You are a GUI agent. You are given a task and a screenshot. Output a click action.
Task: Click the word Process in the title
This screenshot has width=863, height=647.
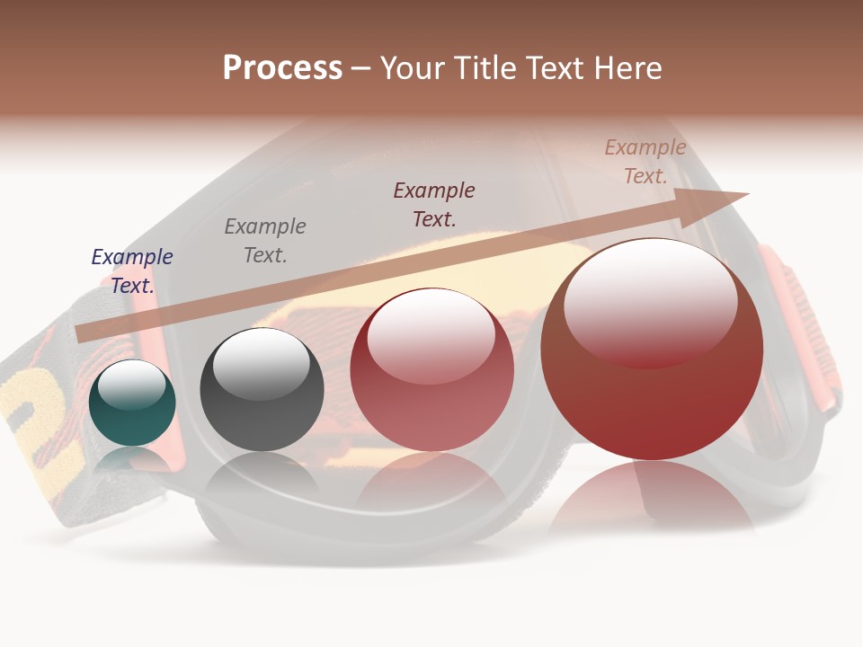(x=282, y=68)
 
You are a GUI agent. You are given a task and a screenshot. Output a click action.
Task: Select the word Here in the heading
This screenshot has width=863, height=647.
(x=626, y=68)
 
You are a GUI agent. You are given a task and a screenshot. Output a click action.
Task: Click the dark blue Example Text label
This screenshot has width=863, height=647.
(x=132, y=270)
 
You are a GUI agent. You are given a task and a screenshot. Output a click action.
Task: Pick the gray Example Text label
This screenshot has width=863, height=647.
(x=265, y=240)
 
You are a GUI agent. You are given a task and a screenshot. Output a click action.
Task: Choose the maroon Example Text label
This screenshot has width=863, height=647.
(x=434, y=204)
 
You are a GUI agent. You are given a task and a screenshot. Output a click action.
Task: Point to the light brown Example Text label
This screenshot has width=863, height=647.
(x=645, y=162)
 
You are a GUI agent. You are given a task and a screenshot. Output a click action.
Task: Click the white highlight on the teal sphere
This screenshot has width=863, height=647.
(x=132, y=385)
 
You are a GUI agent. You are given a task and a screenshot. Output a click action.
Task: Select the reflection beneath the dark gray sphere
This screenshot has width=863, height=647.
(x=262, y=476)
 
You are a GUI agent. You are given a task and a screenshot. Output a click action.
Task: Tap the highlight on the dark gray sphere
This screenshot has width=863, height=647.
(x=261, y=364)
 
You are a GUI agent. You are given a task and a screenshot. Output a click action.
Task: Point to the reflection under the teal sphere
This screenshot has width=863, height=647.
(x=132, y=460)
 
